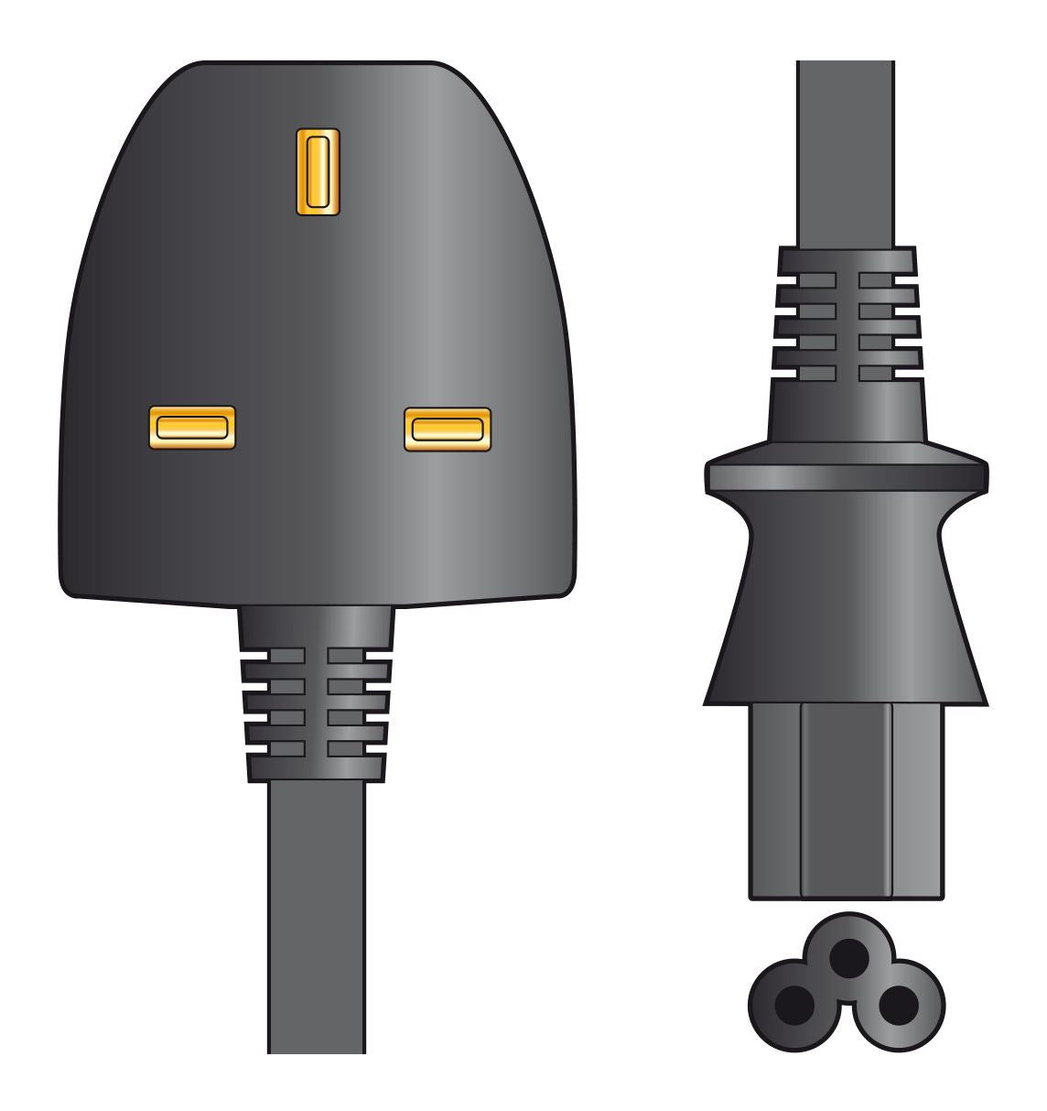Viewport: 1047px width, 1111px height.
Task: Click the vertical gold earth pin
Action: [x=317, y=171]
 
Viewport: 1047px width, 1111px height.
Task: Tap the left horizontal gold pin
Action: [x=191, y=428]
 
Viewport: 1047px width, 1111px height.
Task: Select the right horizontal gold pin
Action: [x=447, y=429]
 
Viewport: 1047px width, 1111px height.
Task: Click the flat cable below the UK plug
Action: [x=316, y=916]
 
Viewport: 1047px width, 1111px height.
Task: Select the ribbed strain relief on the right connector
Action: [x=847, y=325]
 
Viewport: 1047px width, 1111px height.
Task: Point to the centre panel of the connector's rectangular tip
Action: [x=846, y=801]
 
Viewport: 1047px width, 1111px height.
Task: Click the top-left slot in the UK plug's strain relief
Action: [x=287, y=656]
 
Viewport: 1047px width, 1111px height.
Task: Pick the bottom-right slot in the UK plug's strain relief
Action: [x=346, y=748]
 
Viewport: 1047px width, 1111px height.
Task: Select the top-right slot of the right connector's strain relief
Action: [x=877, y=279]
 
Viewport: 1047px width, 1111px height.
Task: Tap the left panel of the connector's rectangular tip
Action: [x=775, y=801]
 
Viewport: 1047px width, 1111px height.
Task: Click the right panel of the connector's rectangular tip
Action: [x=916, y=801]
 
